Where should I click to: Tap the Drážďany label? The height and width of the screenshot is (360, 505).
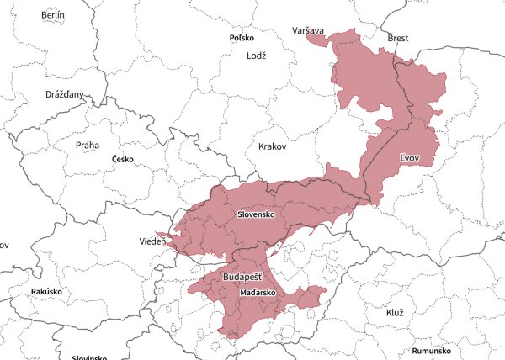65,95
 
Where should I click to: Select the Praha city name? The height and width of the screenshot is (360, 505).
87,146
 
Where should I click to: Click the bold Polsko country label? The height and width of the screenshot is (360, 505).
244,39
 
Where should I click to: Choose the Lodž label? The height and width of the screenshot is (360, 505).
256,56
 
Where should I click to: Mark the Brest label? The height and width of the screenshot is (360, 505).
397,39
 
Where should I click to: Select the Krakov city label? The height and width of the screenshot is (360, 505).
273,146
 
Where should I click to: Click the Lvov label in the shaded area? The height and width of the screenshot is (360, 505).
411,157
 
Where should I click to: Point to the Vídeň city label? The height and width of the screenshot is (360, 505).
152,242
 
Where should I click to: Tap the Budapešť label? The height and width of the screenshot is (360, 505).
242,277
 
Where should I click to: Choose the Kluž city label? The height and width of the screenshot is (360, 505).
395,313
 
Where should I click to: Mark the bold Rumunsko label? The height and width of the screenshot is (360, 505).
432,351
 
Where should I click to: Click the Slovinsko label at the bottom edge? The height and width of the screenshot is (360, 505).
88,357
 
